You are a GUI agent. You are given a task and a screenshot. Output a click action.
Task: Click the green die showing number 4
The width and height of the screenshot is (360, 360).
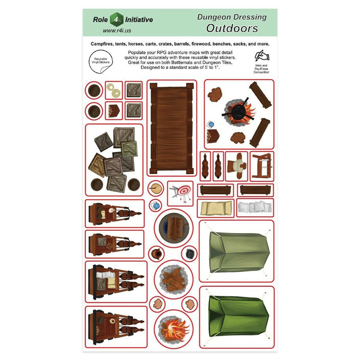pos(116,19)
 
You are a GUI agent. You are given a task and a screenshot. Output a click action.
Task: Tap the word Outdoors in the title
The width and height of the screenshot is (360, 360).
pos(232,28)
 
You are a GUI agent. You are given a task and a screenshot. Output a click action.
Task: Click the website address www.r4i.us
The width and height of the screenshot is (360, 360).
pos(117,31)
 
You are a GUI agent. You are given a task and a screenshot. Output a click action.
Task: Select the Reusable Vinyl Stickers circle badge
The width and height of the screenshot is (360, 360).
pos(101,62)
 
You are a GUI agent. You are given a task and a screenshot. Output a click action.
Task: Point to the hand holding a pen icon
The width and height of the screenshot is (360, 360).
pos(262,56)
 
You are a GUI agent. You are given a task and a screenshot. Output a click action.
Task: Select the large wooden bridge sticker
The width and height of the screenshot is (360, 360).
pos(172,128)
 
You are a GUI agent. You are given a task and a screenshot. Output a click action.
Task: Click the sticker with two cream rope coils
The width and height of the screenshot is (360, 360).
pos(114,90)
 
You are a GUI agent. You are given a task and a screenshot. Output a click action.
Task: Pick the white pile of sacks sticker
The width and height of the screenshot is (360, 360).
pos(255,207)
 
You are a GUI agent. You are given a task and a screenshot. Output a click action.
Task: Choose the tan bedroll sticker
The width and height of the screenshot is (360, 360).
pos(216,208)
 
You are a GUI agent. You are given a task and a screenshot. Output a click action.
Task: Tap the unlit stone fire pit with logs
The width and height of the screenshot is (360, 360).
pos(174,279)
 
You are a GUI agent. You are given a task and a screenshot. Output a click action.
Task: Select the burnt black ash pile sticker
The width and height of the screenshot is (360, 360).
pos(190,253)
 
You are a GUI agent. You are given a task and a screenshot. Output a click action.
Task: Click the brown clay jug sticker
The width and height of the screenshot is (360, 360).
pos(157,253)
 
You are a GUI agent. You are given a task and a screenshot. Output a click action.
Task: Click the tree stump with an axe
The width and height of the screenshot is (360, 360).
pos(156,189)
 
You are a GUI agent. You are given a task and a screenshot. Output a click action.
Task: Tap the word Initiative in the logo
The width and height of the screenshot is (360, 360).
pos(139,20)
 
